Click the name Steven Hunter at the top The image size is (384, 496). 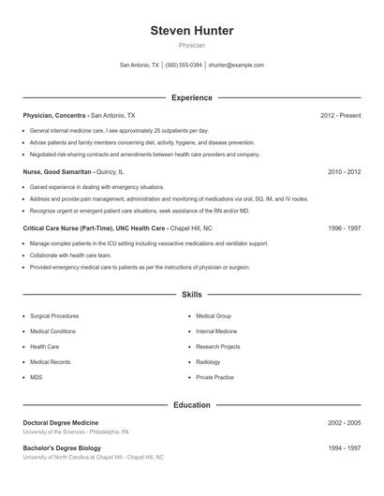coord(191,31)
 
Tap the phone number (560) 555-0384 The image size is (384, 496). coord(184,66)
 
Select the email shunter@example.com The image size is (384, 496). coord(236,66)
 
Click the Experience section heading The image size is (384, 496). coord(191,97)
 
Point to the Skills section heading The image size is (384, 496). coord(191,295)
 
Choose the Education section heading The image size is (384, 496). coord(191,405)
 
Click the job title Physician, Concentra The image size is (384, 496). coord(54,115)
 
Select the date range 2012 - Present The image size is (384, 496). coord(340,115)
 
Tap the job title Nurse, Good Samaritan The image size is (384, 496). coord(57,172)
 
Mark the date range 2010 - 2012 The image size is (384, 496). coord(344,172)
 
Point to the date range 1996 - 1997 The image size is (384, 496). coord(344,228)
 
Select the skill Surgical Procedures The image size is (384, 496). coord(54,316)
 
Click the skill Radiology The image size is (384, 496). coord(208,361)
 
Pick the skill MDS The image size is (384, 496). coord(37,377)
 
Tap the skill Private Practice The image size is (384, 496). coord(214,377)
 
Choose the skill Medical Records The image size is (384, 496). coord(50,361)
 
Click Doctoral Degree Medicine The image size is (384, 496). coord(60,423)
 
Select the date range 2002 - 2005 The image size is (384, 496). coord(344,423)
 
